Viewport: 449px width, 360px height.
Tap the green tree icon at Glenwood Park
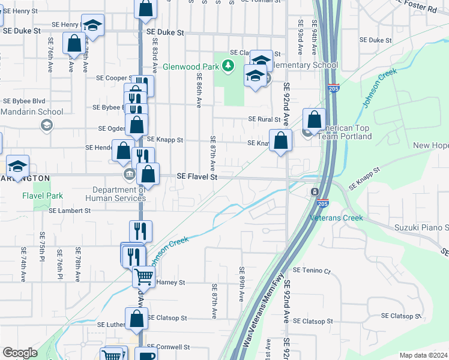pyautogui.click(x=228, y=65)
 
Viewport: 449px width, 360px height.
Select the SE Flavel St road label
pyautogui.click(x=197, y=177)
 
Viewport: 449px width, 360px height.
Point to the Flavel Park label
pyautogui.click(x=43, y=196)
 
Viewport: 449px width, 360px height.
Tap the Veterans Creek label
pyautogui.click(x=337, y=218)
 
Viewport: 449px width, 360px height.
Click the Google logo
pyautogui.click(x=20, y=353)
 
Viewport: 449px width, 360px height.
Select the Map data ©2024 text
pyautogui.click(x=423, y=355)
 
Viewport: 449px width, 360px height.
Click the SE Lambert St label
pyautogui.click(x=70, y=211)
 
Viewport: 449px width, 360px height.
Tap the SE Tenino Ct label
pyautogui.click(x=312, y=271)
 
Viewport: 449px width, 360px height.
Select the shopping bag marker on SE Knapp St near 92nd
pyautogui.click(x=280, y=141)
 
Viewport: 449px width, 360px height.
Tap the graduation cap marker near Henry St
pyautogui.click(x=92, y=26)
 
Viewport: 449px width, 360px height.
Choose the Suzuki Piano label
pyautogui.click(x=421, y=227)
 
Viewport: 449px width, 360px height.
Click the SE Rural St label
pyautogui.click(x=265, y=119)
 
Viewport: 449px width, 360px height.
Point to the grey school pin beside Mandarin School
pyautogui.click(x=46, y=125)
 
